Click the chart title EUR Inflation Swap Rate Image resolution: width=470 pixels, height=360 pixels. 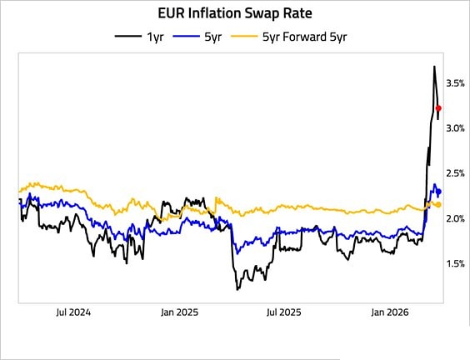click(x=235, y=13)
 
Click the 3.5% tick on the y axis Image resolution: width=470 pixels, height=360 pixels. click(x=455, y=83)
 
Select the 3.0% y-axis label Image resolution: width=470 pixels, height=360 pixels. click(x=455, y=128)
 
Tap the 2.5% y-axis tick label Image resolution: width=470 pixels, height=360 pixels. click(x=455, y=173)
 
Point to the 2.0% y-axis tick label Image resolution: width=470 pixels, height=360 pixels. click(x=455, y=218)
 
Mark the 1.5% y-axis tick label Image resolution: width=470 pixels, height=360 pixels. click(x=455, y=263)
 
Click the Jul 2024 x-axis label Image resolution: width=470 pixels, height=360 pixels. click(x=72, y=313)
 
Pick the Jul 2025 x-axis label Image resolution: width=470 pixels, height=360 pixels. click(x=282, y=313)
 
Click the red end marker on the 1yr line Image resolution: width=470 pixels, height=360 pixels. click(x=439, y=108)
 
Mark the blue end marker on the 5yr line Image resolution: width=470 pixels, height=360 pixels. click(x=439, y=192)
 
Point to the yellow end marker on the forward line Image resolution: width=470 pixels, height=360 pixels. click(x=439, y=204)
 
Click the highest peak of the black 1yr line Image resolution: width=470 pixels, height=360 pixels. click(x=434, y=67)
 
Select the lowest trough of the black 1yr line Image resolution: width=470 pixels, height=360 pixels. click(x=237, y=289)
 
